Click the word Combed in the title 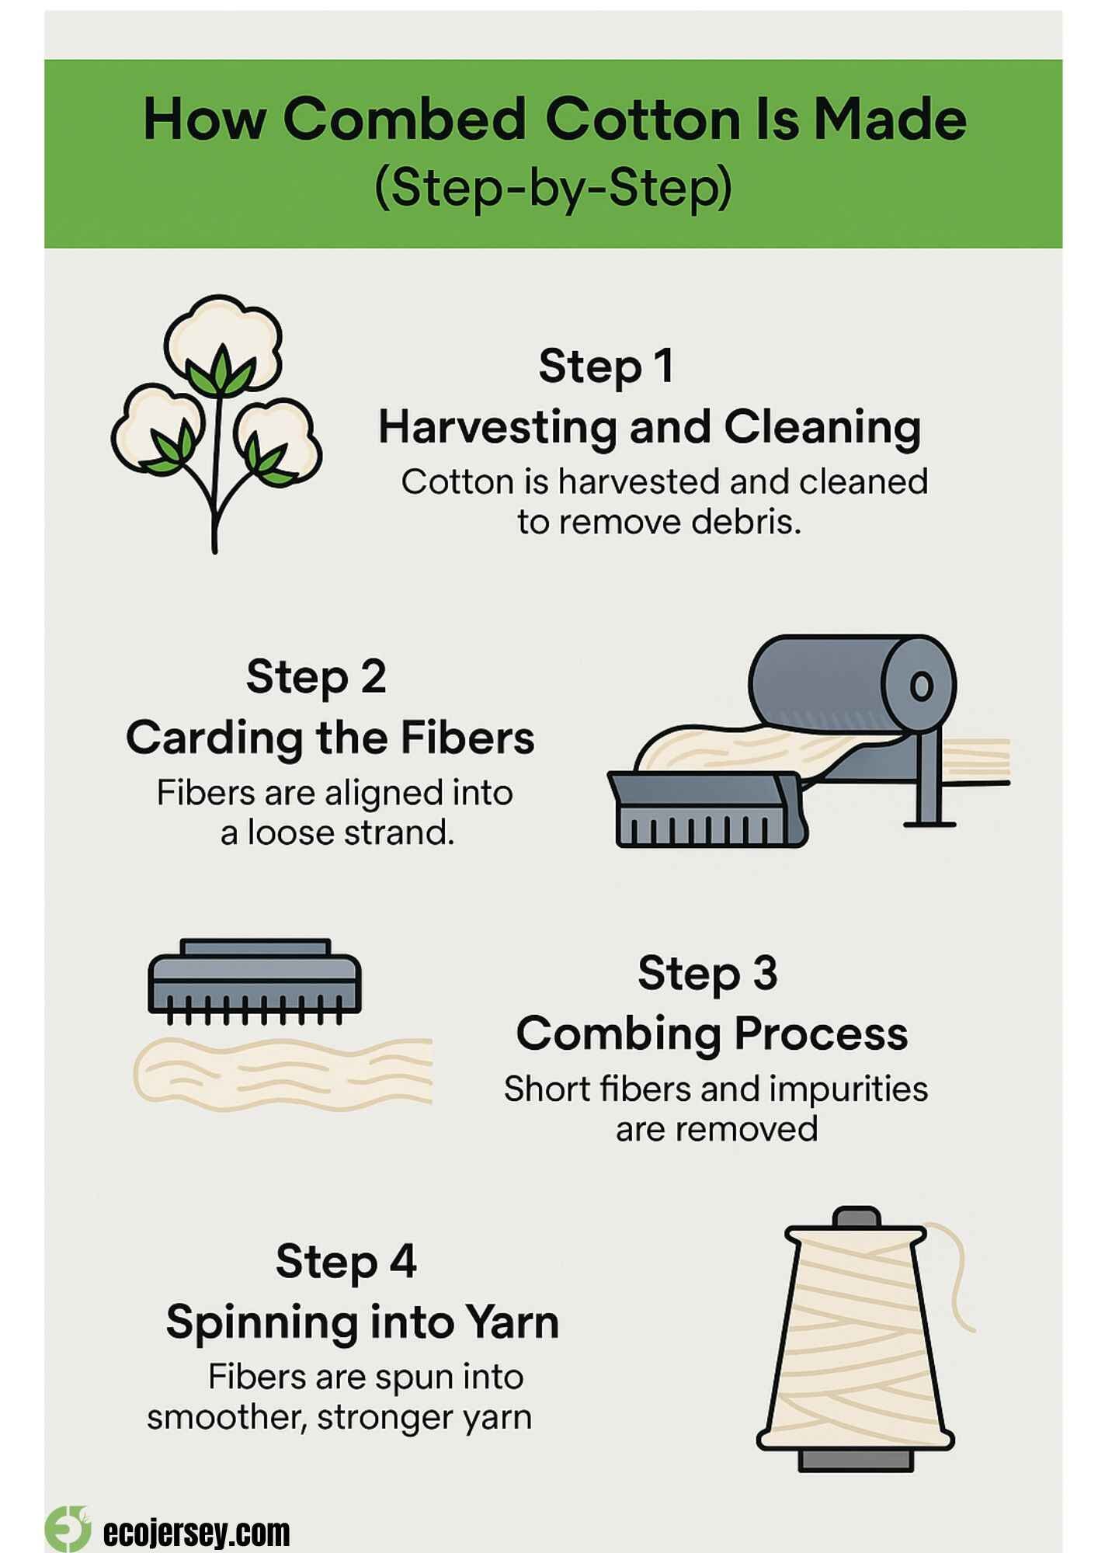[403, 120]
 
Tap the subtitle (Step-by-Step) [553, 189]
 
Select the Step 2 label [316, 677]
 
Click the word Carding [214, 738]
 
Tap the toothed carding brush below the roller [707, 811]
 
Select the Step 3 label [707, 973]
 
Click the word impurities [848, 1089]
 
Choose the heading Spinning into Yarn [362, 1322]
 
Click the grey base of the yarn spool [856, 1459]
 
